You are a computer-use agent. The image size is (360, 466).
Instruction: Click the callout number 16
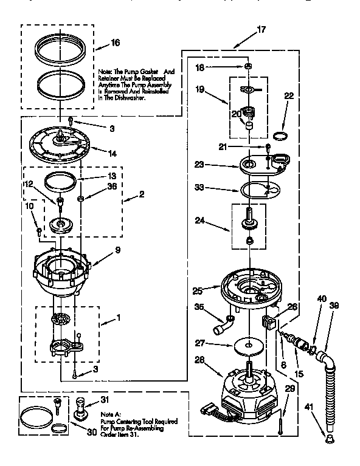coord(115,43)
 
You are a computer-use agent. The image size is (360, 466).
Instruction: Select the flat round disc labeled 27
coord(249,345)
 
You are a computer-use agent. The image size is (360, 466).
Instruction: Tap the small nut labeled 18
coord(248,66)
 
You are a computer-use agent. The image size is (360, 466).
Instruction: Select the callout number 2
coord(141,195)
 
